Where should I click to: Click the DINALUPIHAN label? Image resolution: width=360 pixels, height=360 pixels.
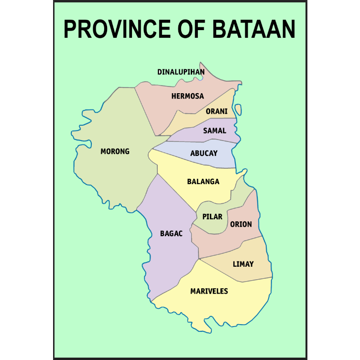pos(181,72)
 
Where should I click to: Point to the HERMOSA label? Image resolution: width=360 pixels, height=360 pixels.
pos(187,96)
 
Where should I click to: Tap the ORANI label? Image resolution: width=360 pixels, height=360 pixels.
pos(217,111)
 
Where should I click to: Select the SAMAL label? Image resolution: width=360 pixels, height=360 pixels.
pos(215,131)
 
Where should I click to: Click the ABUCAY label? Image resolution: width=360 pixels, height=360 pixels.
pos(204,153)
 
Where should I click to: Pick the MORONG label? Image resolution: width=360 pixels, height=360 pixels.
pos(115,152)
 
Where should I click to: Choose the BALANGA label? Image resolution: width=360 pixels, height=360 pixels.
pos(203,182)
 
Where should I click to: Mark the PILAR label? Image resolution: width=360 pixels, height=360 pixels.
pos(212,217)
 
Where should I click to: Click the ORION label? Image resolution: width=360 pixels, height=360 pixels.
pos(241,224)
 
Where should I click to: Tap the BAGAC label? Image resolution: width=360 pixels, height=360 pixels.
pos(171,234)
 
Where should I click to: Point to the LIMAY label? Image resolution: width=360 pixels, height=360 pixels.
pos(243,264)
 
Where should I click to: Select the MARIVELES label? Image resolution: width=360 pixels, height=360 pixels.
pos(209,291)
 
